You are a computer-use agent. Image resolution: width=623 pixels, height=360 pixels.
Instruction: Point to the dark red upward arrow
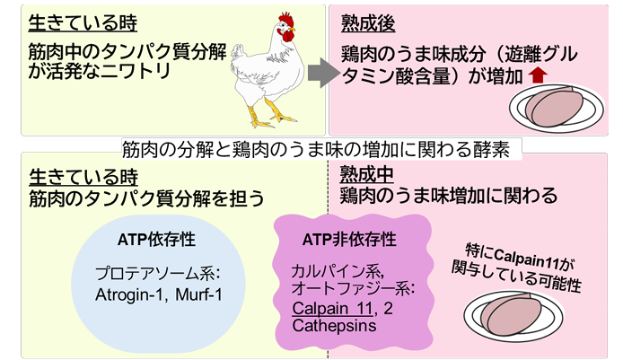tap(536, 77)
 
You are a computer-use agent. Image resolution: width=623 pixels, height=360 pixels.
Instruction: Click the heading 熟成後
tap(361, 19)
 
